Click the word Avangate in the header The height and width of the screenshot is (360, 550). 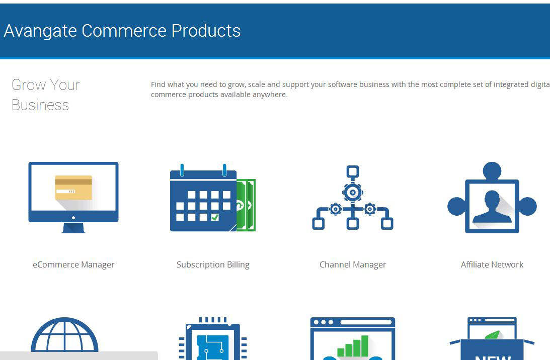click(40, 31)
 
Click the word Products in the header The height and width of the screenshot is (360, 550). click(206, 31)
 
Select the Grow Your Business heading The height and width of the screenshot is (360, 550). click(46, 95)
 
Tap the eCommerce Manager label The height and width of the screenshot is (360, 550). click(73, 264)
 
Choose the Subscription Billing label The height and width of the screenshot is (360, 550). click(213, 264)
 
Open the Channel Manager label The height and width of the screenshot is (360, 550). click(353, 264)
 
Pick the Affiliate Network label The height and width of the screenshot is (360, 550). click(492, 264)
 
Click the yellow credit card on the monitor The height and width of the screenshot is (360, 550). click(73, 188)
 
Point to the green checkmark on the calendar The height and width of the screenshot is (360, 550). click(215, 217)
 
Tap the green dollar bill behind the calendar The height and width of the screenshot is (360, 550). click(246, 205)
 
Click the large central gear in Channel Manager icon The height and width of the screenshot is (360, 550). click(353, 192)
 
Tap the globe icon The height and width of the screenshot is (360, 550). click(64, 335)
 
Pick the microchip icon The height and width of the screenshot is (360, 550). click(213, 338)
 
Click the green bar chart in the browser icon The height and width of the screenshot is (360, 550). click(353, 346)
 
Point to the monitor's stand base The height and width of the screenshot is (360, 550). click(73, 228)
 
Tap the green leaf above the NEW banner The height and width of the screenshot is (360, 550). click(492, 335)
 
